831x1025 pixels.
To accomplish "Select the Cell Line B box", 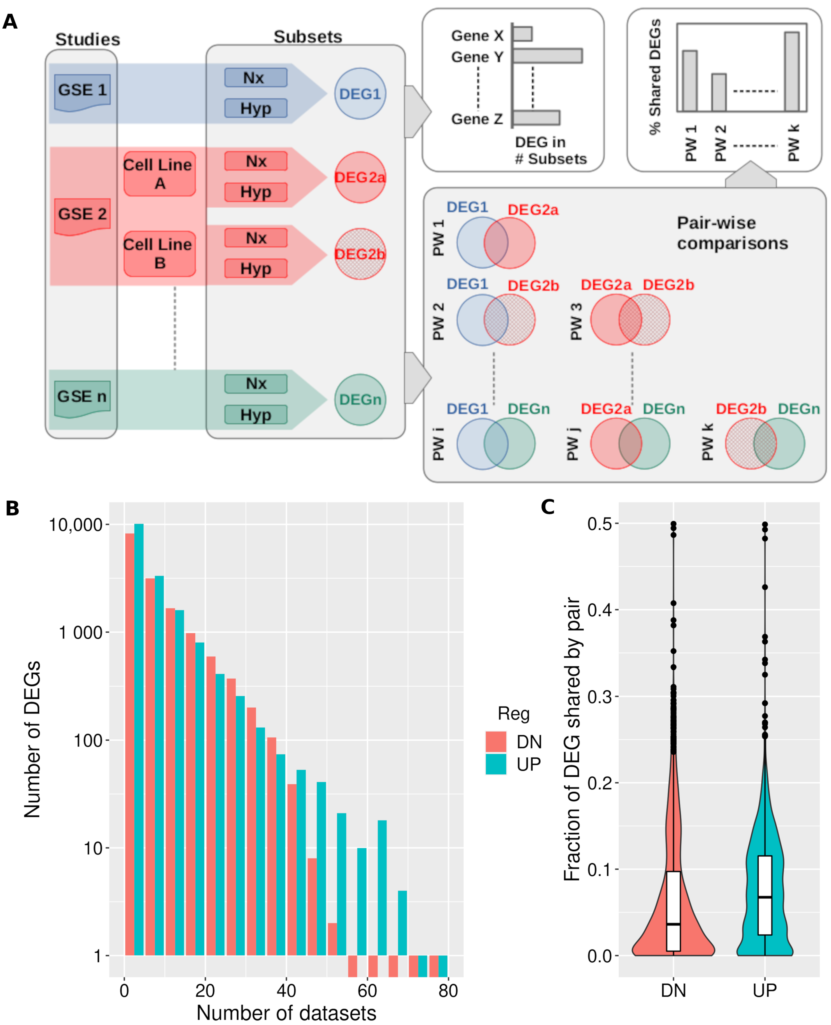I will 159,254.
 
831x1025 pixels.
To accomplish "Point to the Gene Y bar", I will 547,56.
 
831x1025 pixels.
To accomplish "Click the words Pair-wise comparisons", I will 732,233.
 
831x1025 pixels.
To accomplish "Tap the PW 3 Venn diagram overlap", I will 630,319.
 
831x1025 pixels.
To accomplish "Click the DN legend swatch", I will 496,741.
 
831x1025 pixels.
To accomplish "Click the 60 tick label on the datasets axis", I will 367,990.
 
